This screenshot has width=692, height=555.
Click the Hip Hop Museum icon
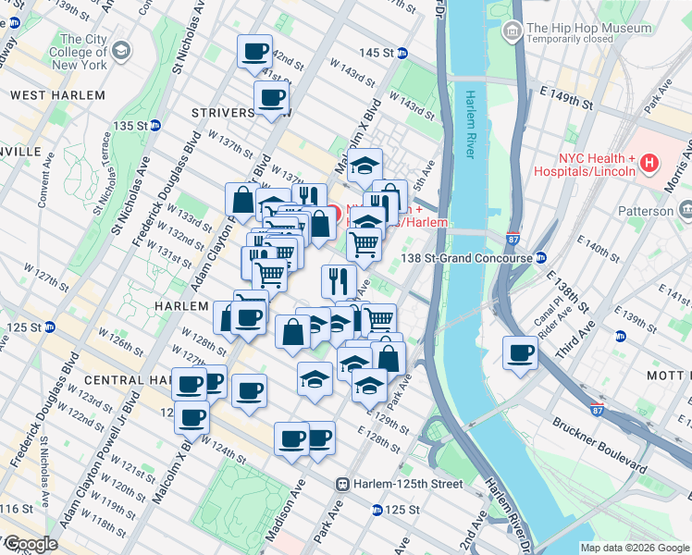(x=512, y=31)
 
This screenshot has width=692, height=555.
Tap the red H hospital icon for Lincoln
(x=649, y=164)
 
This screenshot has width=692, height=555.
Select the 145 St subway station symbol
(x=402, y=53)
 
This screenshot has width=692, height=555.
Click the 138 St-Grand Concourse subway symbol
(x=541, y=258)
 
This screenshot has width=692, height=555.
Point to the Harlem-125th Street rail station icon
(x=342, y=484)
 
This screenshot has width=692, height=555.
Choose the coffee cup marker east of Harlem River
(x=521, y=352)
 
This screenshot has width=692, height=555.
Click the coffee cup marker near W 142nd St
(x=254, y=52)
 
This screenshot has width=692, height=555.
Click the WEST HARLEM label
(x=57, y=95)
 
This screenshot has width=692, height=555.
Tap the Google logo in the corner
(x=30, y=544)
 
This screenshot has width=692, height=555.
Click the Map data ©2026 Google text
(x=634, y=548)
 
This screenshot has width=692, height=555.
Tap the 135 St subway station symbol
(x=155, y=125)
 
